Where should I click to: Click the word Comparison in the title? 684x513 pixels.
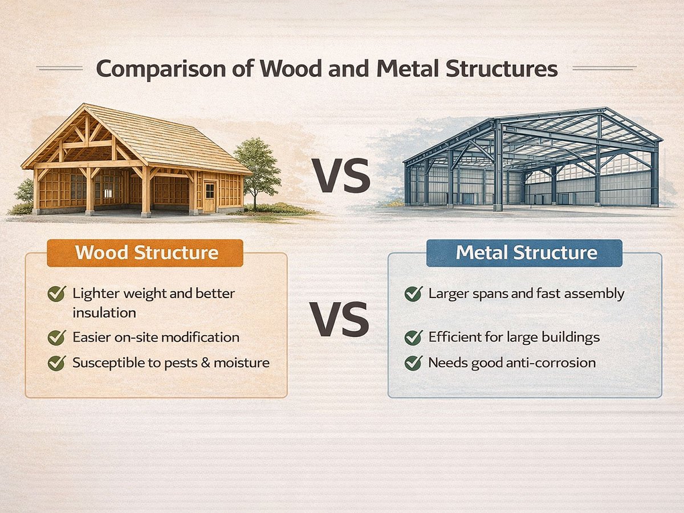pyautogui.click(x=161, y=69)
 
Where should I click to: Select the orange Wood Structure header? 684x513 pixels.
pyautogui.click(x=145, y=253)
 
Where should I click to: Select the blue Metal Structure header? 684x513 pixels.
pyautogui.click(x=524, y=253)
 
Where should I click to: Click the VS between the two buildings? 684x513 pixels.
pyautogui.click(x=341, y=176)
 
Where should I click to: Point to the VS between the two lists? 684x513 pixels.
pyautogui.click(x=340, y=319)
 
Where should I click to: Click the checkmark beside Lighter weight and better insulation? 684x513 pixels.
pyautogui.click(x=56, y=294)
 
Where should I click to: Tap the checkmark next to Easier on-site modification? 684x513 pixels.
pyautogui.click(x=56, y=337)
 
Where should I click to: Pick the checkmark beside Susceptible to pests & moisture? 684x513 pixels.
pyautogui.click(x=56, y=363)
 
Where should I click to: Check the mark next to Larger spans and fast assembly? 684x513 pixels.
pyautogui.click(x=413, y=294)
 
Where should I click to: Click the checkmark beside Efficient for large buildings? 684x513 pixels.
pyautogui.click(x=413, y=337)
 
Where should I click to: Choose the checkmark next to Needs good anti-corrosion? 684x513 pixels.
pyautogui.click(x=413, y=363)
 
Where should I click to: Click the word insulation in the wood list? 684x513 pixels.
pyautogui.click(x=104, y=313)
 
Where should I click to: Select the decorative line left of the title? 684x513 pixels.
pyautogui.click(x=59, y=68)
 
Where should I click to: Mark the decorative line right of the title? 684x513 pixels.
pyautogui.click(x=605, y=68)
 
